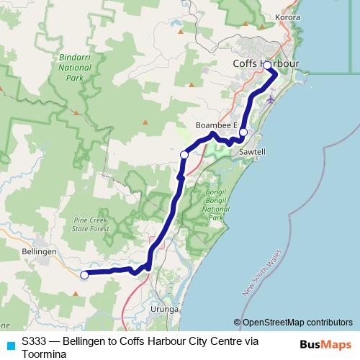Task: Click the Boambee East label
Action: tap(215, 125)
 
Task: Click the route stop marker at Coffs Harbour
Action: tap(267, 66)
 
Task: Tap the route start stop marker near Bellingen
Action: tap(84, 274)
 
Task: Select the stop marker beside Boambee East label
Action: tap(243, 132)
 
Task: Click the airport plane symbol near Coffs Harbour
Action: tap(270, 99)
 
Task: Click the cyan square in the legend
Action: tap(10, 345)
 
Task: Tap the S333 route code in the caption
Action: tap(35, 341)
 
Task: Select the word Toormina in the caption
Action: tap(45, 354)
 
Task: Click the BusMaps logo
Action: tap(324, 344)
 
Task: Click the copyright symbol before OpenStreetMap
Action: tap(238, 323)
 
